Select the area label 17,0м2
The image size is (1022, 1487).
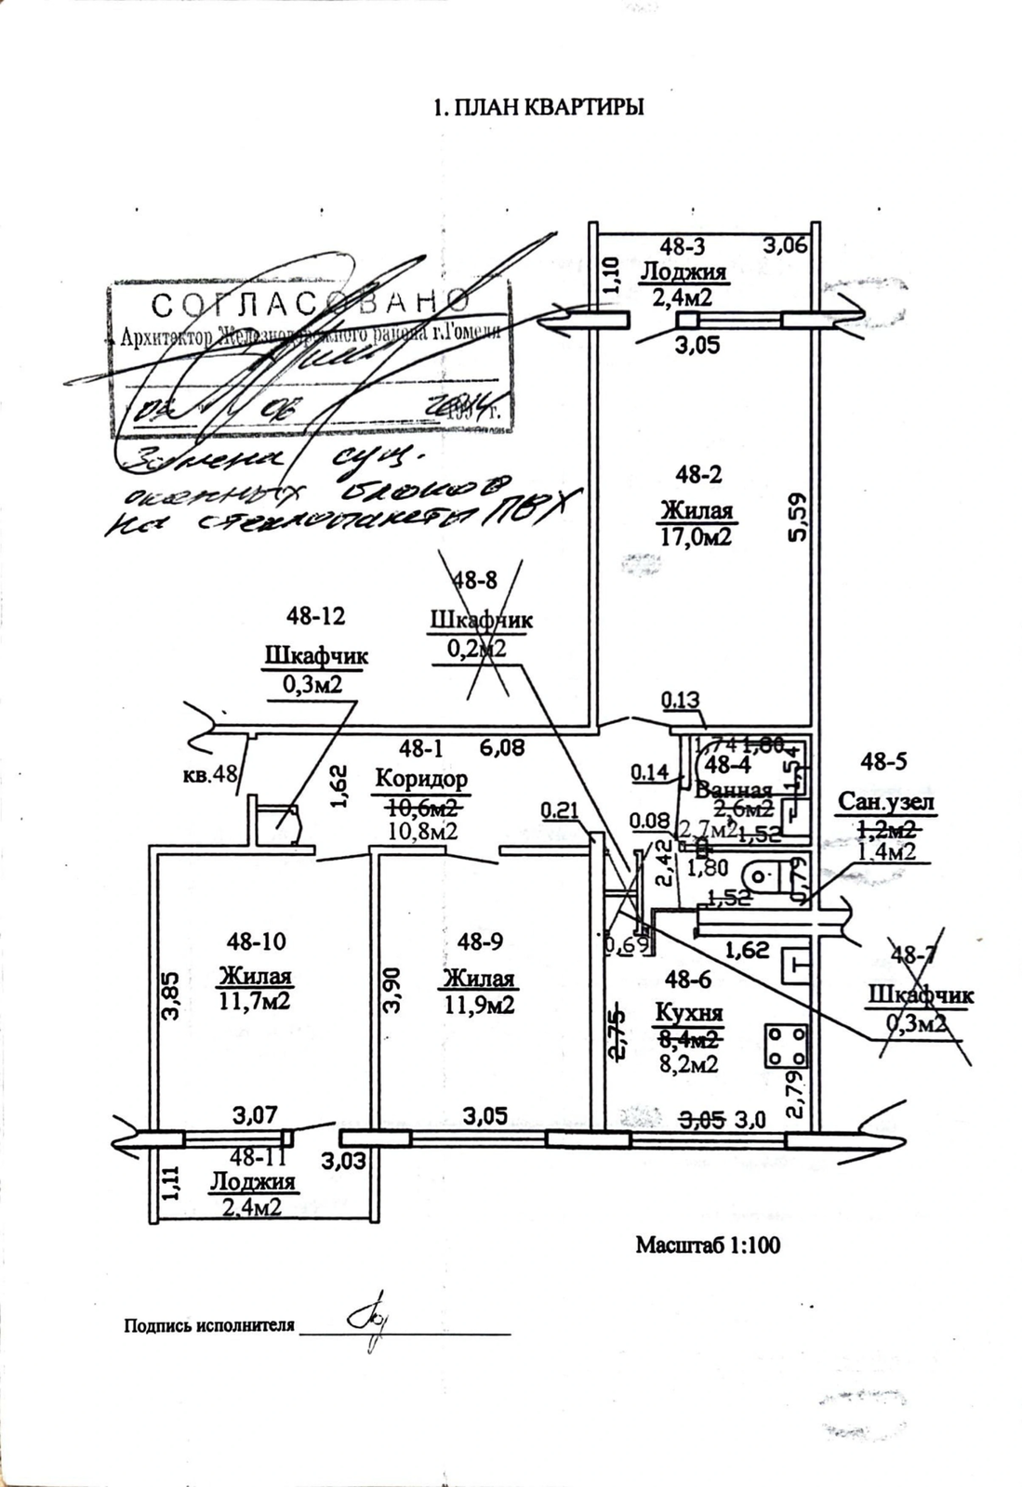[697, 536]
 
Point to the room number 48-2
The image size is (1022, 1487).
[698, 475]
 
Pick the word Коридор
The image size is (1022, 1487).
[420, 779]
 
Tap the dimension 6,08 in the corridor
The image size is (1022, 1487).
[502, 746]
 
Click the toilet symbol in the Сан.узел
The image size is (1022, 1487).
[763, 875]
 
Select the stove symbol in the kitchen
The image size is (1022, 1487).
[787, 1045]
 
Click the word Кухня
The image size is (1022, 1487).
[689, 1013]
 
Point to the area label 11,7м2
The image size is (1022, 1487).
[255, 1001]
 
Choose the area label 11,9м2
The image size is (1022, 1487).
[479, 1004]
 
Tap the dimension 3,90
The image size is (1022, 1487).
[393, 990]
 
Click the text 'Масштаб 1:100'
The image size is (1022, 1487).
[708, 1244]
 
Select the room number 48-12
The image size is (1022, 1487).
[316, 615]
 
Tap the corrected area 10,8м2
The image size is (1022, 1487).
[421, 830]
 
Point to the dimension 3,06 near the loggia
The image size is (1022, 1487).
[786, 245]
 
